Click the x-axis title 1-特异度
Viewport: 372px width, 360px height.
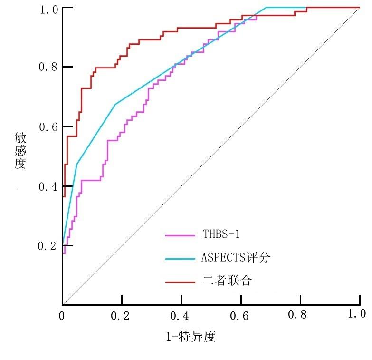pos(191,337)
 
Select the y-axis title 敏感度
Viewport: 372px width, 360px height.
pos(20,150)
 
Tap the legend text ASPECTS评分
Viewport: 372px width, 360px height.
pos(236,258)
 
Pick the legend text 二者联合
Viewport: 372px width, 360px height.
pos(227,281)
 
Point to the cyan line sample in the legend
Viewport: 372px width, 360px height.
pos(181,259)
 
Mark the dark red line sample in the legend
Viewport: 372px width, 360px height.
pos(181,282)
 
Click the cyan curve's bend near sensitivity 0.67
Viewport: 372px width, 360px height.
pos(115,104)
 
